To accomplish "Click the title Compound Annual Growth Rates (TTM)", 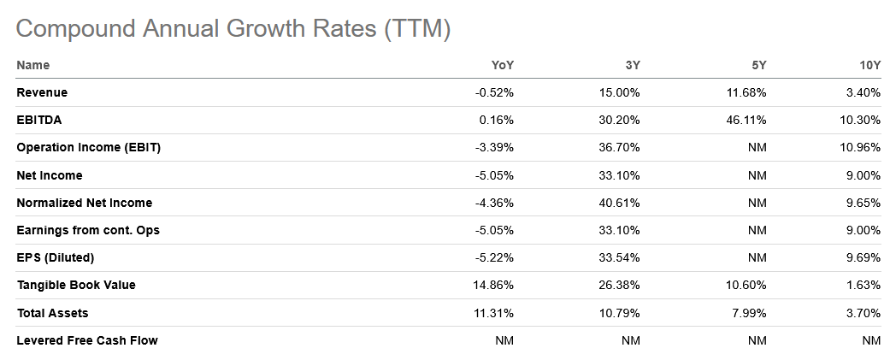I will tap(233, 28).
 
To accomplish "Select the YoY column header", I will tap(502, 65).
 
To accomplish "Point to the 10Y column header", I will tap(869, 65).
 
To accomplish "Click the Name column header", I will tap(33, 65).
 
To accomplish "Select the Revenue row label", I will tap(42, 92).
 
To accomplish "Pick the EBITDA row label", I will tap(39, 121).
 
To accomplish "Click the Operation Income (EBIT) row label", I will tap(89, 148).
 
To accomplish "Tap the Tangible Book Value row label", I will tap(76, 285).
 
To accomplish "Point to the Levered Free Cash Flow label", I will tap(87, 340).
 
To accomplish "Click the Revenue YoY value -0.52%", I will tap(494, 92).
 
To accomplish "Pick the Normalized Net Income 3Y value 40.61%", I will tap(622, 203).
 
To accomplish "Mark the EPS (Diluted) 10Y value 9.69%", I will tap(863, 257).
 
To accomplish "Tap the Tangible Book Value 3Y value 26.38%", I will tap(622, 285).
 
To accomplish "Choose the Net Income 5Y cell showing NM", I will tap(757, 175).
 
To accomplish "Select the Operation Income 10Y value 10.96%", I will tap(859, 148).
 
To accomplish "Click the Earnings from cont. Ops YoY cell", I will tap(494, 230).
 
